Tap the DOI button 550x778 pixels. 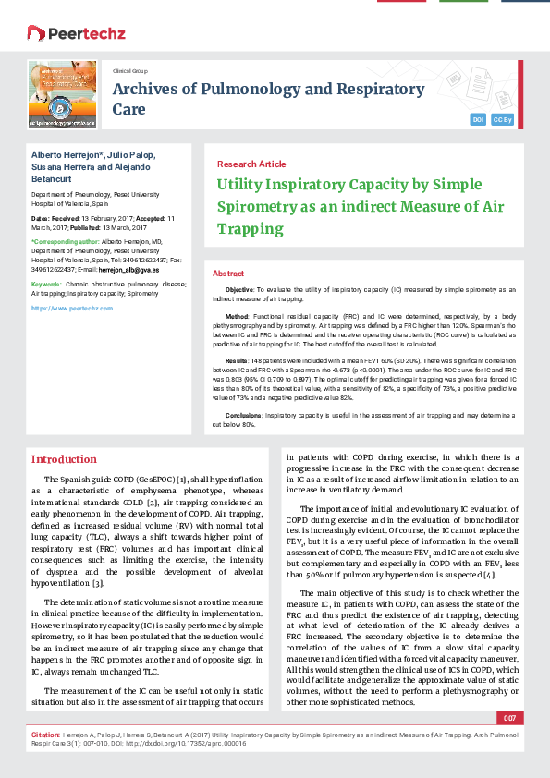point(478,120)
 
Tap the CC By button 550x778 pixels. point(503,120)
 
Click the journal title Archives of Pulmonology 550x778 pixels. point(268,90)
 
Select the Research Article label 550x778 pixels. point(251,164)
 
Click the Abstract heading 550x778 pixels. point(228,274)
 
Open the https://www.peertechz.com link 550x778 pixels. point(66,308)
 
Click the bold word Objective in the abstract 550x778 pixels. point(240,290)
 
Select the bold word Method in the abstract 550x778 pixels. point(238,316)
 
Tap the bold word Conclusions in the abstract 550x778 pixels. point(244,417)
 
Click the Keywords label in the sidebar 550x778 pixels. point(47,284)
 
